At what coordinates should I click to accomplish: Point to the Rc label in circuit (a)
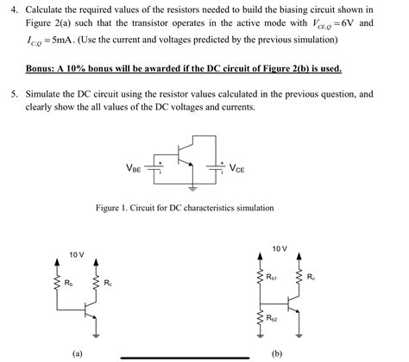107,282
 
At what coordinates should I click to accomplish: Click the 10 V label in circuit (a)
77,255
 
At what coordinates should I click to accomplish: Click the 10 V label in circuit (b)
279,248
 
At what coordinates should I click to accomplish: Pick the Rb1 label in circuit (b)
273,278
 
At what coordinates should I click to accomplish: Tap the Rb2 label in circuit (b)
272,318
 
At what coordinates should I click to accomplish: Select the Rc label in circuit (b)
311,278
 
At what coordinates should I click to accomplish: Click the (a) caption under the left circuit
78,353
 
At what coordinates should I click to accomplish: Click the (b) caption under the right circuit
277,353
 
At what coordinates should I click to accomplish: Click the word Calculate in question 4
47,9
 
